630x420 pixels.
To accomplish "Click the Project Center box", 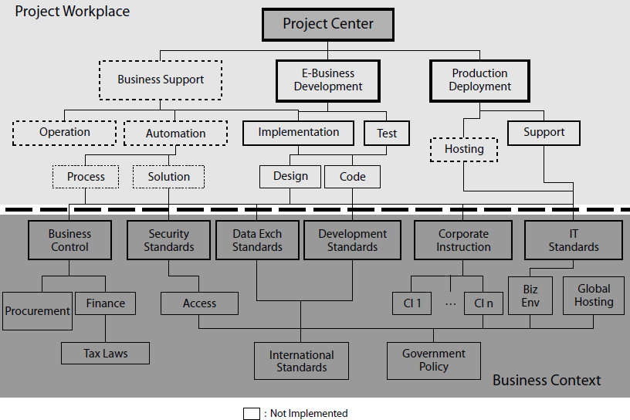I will pos(328,24).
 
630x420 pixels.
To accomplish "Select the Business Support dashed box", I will pos(161,80).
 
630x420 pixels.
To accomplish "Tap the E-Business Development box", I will pos(328,80).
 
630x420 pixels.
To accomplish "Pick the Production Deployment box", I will pos(480,80).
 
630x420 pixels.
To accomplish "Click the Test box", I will pos(387,133).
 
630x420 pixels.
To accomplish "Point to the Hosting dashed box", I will pos(464,149).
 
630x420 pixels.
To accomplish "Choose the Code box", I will pos(353,176).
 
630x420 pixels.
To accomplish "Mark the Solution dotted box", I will pos(169,176).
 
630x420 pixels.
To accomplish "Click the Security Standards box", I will pos(168,240).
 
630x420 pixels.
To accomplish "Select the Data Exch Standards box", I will pos(257,240).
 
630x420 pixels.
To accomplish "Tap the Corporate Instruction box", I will pos(463,240).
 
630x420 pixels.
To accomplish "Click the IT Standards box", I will pos(574,240).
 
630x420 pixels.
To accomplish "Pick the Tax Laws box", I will pos(106,354).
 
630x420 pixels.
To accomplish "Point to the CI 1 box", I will pos(412,303).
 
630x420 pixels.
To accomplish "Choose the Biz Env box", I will pos(530,295).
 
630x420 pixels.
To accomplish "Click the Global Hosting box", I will pos(594,295).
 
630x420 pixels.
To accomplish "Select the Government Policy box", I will pos(434,361).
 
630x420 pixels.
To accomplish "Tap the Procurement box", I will pos(38,311).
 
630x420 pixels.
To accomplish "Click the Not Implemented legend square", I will pos(252,413).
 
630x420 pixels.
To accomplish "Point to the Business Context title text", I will pos(547,380).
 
